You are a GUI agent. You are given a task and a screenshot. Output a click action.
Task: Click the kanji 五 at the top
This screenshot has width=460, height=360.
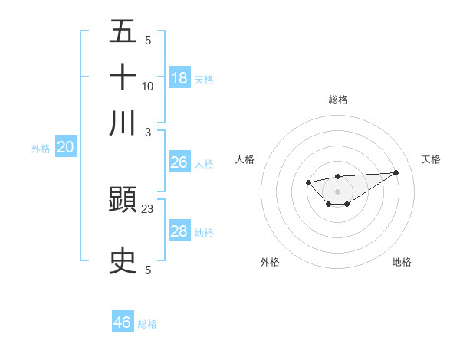click(x=123, y=31)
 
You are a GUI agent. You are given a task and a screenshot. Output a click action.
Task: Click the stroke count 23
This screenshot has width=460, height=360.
click(x=148, y=208)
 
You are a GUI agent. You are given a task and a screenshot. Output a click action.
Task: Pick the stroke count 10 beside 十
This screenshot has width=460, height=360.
click(x=148, y=86)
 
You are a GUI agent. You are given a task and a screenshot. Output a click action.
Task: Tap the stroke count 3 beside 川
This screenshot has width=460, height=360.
click(x=148, y=131)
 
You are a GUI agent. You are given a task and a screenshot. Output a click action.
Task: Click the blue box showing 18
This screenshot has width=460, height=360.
click(x=179, y=77)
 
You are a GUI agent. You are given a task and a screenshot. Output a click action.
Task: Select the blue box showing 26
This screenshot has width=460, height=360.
click(x=179, y=162)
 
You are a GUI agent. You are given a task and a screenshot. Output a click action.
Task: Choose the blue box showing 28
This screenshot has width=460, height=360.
click(x=179, y=231)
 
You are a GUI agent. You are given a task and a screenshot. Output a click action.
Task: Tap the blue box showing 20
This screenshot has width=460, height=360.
click(x=65, y=148)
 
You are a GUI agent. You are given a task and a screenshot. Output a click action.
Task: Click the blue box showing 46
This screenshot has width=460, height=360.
click(x=122, y=322)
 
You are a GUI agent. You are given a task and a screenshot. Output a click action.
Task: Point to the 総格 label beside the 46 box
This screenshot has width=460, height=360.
click(x=147, y=324)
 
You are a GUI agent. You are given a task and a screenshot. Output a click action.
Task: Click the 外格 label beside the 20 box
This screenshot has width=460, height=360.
click(x=41, y=149)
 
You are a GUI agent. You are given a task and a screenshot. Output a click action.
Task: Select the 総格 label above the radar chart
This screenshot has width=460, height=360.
click(x=337, y=100)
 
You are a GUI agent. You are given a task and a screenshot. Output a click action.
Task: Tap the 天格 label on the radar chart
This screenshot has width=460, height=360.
click(x=431, y=159)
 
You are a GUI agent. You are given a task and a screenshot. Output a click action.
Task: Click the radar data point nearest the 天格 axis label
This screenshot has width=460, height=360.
click(x=396, y=172)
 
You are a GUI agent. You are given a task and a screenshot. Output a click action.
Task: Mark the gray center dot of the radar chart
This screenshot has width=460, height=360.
click(x=337, y=191)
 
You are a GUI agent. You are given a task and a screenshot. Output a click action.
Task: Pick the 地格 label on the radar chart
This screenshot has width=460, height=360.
click(x=402, y=262)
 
